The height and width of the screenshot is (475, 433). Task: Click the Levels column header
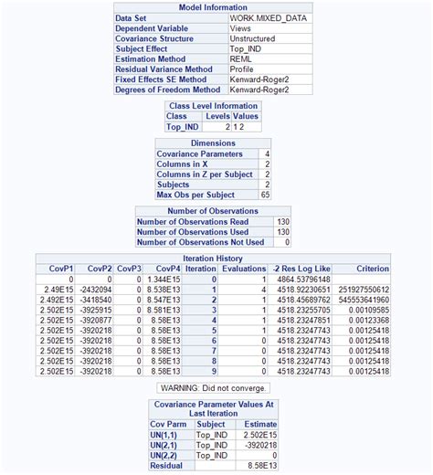(x=217, y=117)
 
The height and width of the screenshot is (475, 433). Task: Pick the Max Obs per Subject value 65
(x=265, y=195)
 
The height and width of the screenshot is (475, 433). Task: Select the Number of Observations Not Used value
(x=286, y=241)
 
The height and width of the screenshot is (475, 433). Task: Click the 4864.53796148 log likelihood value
(x=299, y=279)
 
